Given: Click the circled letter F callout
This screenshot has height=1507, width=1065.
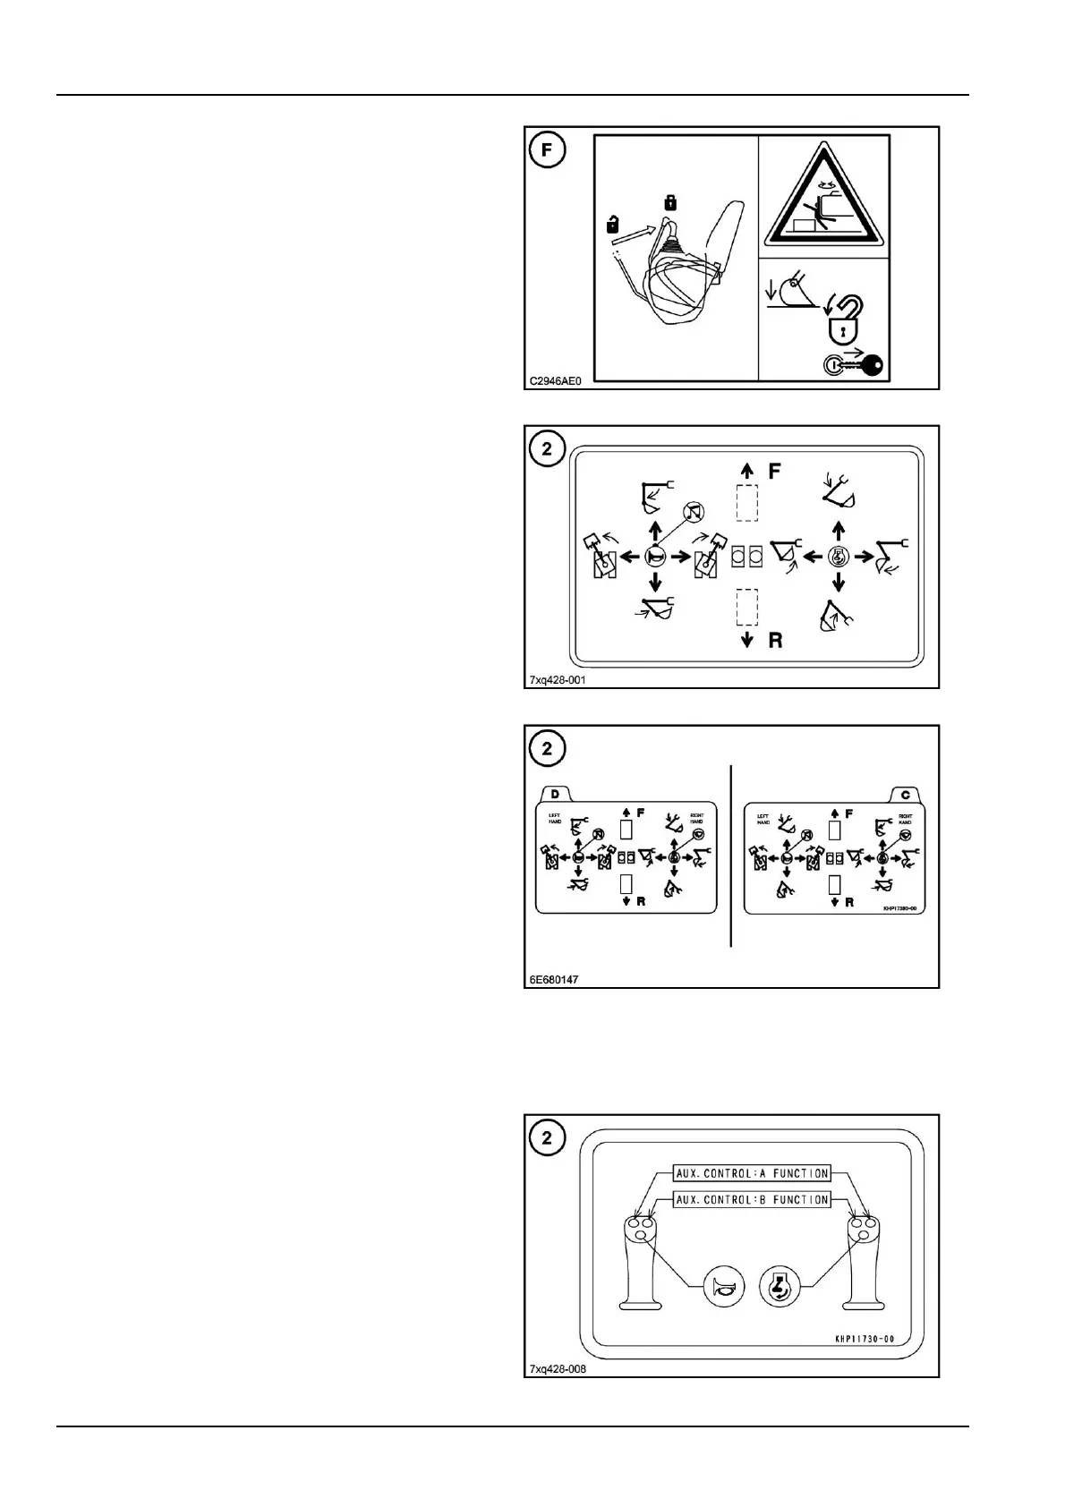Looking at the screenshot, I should (x=547, y=150).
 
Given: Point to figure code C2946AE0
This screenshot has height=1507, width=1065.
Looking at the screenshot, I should (x=555, y=380).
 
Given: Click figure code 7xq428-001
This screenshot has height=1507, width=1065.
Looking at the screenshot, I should (x=558, y=679).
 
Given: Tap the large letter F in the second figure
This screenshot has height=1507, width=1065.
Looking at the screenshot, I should (x=776, y=471).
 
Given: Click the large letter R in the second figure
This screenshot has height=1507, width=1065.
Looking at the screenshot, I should (x=776, y=640).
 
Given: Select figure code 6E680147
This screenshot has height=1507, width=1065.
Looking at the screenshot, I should (x=554, y=979).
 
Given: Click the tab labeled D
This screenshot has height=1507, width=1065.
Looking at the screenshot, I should (x=555, y=794).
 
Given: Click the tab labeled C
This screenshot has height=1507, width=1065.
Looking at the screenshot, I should (x=906, y=794).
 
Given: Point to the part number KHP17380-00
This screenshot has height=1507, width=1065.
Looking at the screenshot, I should (x=901, y=907).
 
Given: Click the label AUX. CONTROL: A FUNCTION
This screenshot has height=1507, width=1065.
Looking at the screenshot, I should (x=752, y=1172).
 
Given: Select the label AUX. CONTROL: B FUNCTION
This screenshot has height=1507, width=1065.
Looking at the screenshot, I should (x=752, y=1199).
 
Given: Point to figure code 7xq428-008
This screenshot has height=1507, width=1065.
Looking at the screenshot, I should (x=558, y=1368).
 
